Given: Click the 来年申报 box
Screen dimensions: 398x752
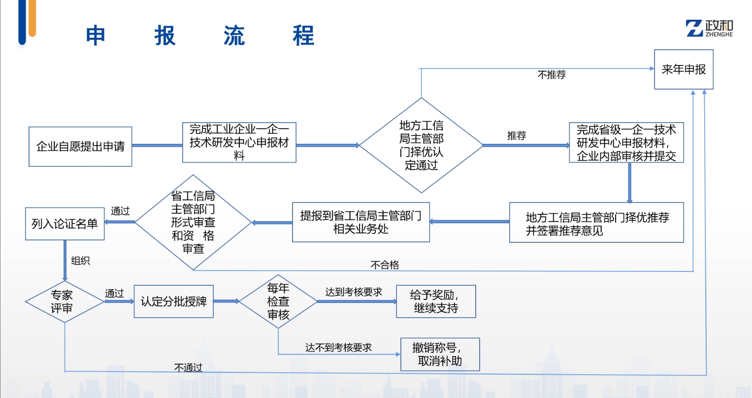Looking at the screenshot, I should pos(684,69).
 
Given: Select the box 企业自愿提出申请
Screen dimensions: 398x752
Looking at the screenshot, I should pos(80,146).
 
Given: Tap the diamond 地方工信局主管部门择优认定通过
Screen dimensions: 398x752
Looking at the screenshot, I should pos(421,145).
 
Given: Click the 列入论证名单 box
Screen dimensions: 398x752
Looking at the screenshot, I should pos(65,224).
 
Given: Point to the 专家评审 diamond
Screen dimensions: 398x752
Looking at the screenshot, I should pos(65,301).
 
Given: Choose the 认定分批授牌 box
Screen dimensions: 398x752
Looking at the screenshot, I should pos(173,301).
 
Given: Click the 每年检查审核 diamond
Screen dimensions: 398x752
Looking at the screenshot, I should pos(278,301).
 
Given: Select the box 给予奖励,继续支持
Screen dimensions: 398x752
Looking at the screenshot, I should pos(436,301).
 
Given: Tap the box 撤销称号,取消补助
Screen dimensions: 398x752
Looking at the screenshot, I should pos(440,354).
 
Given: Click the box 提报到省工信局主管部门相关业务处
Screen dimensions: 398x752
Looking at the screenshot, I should pos(361,222).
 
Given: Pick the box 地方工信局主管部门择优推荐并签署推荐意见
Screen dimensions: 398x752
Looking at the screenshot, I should pos(596,223).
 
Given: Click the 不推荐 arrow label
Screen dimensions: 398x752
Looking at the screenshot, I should pos(552,75).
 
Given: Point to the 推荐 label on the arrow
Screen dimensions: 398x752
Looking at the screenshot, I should pos(517,135).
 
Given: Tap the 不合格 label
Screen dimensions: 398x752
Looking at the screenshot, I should pos(385,265).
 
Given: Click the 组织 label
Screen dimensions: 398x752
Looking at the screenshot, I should pos(80,261).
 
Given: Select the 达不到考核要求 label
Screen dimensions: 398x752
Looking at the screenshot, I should pos(338,348).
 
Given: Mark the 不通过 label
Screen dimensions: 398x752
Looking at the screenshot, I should pos(188,367).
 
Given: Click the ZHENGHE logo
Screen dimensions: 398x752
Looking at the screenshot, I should pos(709,29).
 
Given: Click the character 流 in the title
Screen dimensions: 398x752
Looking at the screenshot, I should pos(234,36).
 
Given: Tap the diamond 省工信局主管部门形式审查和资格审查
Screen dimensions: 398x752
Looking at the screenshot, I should pos(193,222).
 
